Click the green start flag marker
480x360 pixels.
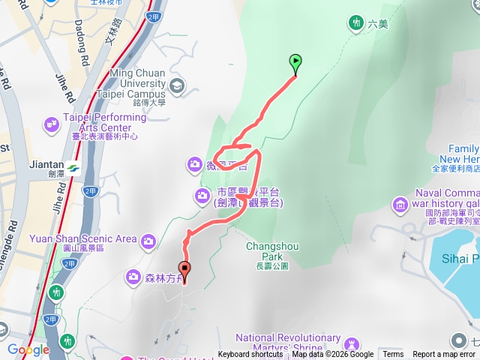[x=295, y=63]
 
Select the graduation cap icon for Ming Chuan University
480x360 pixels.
[x=176, y=85]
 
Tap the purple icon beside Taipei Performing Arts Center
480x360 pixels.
[x=52, y=122]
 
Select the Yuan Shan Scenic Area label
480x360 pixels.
[x=82, y=239]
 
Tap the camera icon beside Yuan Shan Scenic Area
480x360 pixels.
[x=148, y=240]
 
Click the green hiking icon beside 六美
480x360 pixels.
[x=356, y=23]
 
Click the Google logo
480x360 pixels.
[x=28, y=349]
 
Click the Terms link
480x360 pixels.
[x=393, y=355]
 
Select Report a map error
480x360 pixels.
[x=445, y=355]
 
